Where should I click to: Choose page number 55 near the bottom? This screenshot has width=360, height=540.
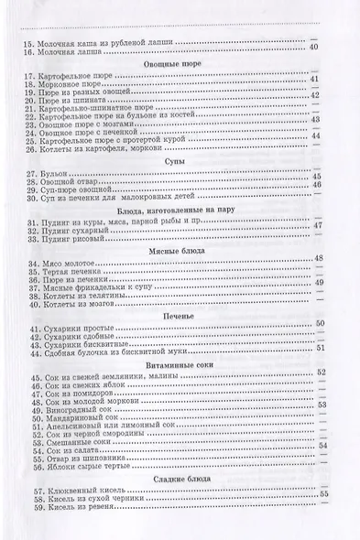point(323,495)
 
